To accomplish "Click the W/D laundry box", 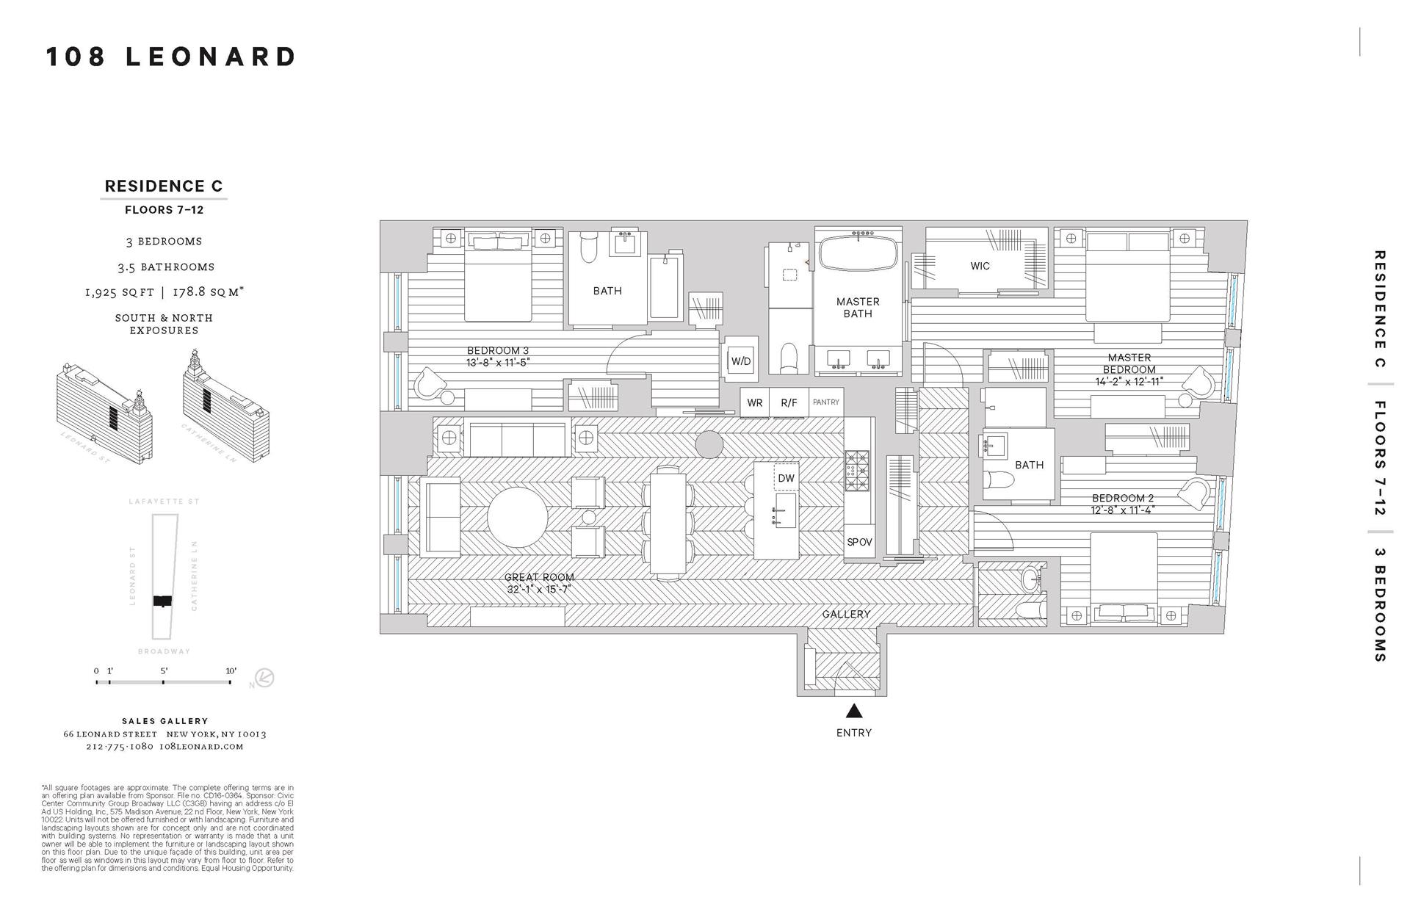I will (740, 361).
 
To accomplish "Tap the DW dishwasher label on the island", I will (786, 478).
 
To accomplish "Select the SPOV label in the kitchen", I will (859, 542).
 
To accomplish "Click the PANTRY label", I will (826, 402).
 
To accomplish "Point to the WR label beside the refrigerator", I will (754, 402).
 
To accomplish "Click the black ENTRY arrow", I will (853, 711).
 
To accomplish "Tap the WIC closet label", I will (980, 266).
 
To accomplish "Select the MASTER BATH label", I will (857, 308).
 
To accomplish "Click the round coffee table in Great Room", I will (518, 517).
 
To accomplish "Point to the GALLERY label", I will (846, 614).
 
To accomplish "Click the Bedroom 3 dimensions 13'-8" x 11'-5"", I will (497, 363).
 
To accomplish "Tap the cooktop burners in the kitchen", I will (856, 470).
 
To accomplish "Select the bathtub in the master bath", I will (857, 255).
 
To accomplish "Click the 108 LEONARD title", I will (171, 57).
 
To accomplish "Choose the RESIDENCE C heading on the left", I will (163, 187).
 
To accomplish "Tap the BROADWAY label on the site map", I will (164, 651).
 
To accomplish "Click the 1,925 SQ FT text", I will (120, 292).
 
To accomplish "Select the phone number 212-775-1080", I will (119, 746).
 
